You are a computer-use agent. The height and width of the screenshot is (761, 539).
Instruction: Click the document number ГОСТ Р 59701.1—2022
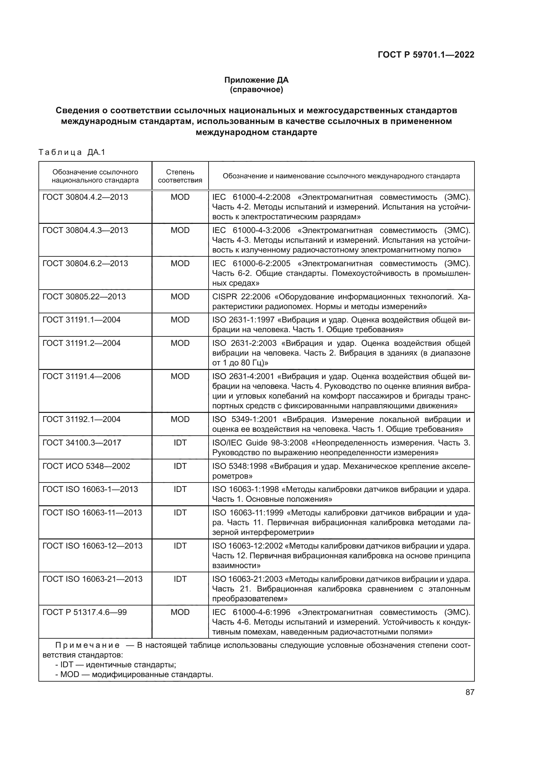426,55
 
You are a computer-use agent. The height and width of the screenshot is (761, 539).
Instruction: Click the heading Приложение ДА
256,80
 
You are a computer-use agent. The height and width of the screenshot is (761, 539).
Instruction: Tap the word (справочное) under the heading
256,89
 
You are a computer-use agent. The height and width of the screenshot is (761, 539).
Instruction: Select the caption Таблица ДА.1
72,152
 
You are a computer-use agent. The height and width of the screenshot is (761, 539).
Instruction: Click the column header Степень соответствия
180,176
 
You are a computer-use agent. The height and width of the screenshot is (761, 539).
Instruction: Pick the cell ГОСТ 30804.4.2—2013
85,197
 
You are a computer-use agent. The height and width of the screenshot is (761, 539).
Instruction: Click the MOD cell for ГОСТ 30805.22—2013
180,297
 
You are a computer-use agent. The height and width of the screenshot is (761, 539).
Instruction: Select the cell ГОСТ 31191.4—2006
82,376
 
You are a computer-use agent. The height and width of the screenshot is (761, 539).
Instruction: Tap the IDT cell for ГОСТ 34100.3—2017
180,443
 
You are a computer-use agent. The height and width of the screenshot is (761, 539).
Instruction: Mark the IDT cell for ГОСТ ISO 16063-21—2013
180,579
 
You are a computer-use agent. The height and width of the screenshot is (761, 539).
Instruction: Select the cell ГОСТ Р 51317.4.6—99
85,612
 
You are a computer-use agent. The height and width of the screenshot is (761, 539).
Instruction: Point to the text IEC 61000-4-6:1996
251,612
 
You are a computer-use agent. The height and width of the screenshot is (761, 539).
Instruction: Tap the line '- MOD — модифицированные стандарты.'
134,674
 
